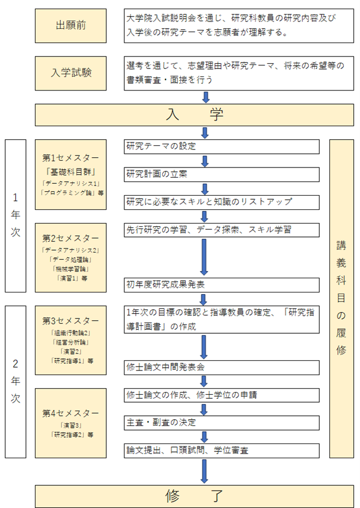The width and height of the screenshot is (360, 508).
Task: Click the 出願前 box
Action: [70, 26]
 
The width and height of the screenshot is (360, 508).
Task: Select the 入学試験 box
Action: [70, 73]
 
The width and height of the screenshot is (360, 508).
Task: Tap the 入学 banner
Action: [194, 115]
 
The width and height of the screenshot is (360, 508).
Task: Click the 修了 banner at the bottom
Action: [194, 496]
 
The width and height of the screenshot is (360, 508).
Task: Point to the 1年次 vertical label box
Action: [16, 216]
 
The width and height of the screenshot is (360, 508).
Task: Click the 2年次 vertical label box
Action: [16, 381]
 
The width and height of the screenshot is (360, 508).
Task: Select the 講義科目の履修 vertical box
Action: [341, 298]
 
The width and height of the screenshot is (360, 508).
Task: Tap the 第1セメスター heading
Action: [70, 157]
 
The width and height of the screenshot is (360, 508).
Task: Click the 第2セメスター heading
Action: [70, 238]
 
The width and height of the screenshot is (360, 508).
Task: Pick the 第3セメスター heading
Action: [70, 321]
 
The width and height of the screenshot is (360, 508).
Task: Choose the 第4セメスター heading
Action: [70, 412]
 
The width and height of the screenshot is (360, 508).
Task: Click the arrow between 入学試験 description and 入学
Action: [205, 97]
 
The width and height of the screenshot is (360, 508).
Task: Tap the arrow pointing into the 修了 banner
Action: [204, 471]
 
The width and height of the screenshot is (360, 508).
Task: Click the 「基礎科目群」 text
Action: [70, 171]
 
